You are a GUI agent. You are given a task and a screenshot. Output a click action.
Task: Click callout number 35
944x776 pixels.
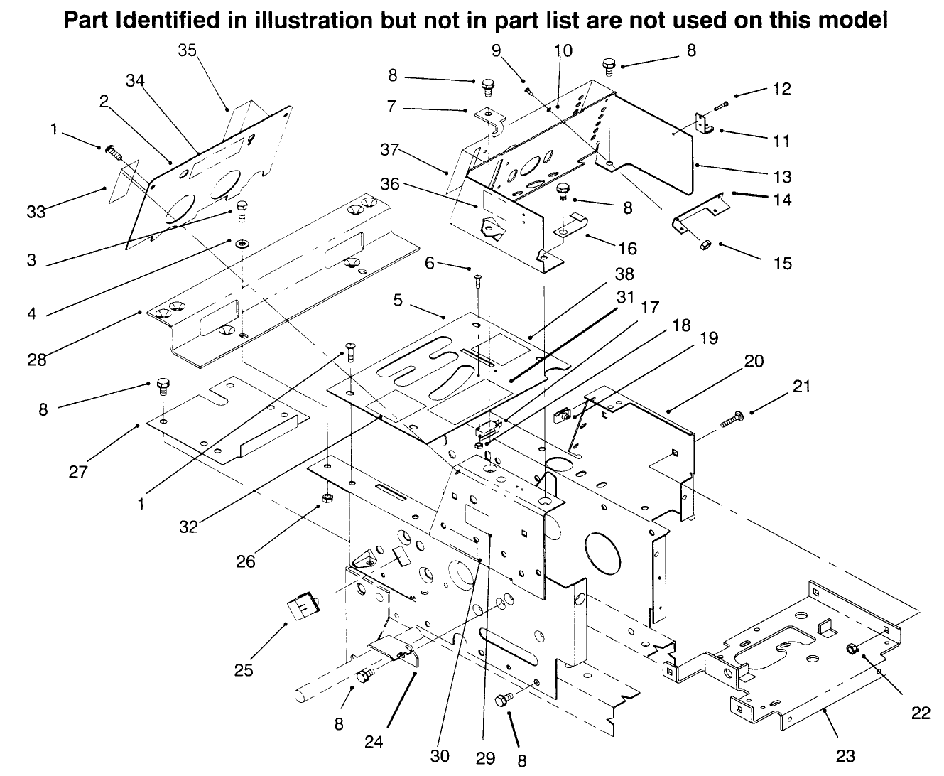pyautogui.click(x=188, y=50)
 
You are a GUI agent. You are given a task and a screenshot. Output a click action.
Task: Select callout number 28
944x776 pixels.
pyautogui.click(x=37, y=359)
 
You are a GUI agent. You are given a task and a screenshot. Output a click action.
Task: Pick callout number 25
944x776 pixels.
pyautogui.click(x=244, y=670)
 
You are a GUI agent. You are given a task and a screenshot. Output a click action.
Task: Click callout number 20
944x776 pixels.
pyautogui.click(x=754, y=361)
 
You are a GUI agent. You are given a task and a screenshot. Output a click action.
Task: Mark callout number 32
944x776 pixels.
pyautogui.click(x=189, y=527)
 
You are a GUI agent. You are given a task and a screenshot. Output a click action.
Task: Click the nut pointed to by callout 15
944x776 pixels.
pyautogui.click(x=706, y=244)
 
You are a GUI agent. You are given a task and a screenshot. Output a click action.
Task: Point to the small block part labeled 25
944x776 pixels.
pyautogui.click(x=301, y=608)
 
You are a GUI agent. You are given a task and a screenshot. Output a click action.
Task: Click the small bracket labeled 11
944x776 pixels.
pyautogui.click(x=704, y=125)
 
